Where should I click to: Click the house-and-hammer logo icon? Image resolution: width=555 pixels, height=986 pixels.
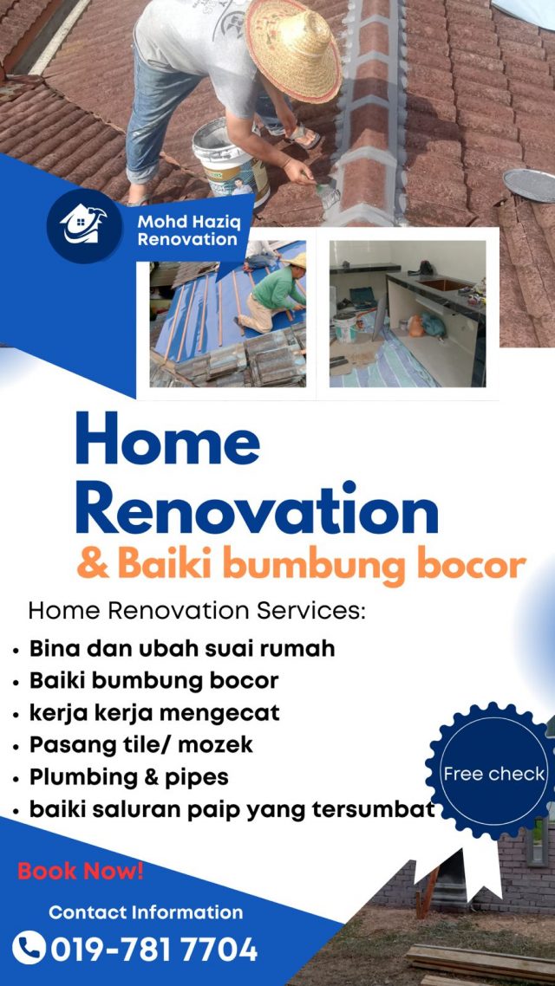tap(84, 225)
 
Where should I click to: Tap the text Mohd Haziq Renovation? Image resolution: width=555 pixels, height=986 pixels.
tap(187, 230)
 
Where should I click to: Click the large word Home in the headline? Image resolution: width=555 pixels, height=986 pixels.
tap(168, 438)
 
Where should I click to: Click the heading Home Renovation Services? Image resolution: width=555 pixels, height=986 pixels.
tap(197, 611)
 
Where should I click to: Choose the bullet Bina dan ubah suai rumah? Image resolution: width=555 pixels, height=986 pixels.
tap(182, 648)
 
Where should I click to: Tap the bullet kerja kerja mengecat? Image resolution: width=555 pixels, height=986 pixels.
tap(154, 712)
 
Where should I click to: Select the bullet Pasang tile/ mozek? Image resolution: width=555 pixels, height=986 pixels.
tap(141, 744)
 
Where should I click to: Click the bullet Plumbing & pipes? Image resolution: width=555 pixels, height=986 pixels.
tap(129, 777)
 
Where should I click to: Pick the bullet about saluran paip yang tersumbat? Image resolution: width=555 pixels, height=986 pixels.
tap(232, 809)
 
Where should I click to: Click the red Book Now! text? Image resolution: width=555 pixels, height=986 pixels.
tap(81, 871)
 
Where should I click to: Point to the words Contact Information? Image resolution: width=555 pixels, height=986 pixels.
tap(146, 911)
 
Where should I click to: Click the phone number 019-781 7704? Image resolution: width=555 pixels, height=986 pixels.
tap(154, 949)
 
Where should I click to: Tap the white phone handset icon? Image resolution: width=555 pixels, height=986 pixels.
tap(29, 948)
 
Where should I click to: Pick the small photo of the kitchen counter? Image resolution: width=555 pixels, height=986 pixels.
tap(408, 314)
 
